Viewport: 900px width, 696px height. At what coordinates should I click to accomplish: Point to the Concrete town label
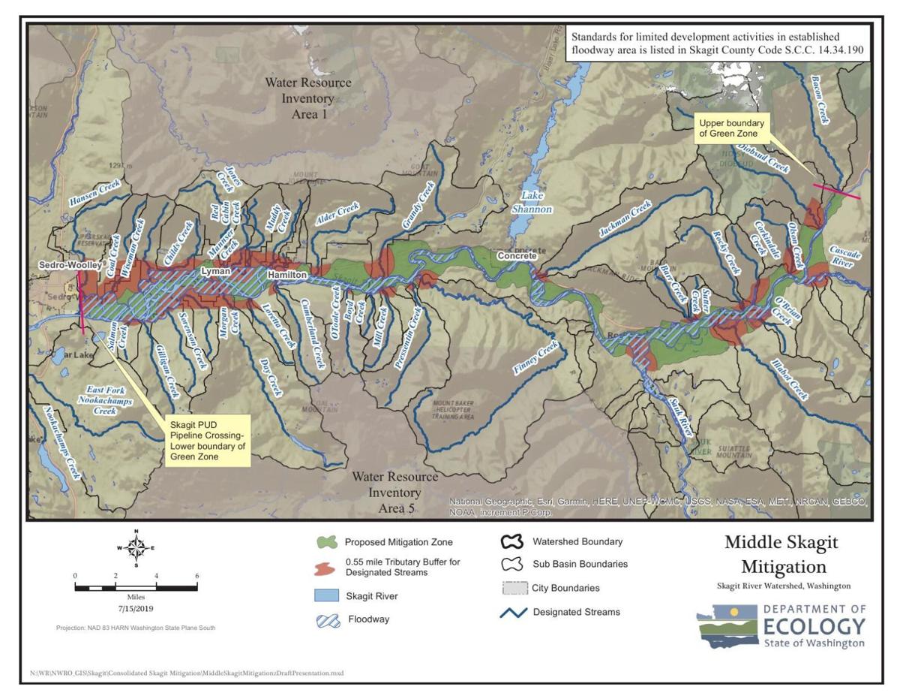[517, 257]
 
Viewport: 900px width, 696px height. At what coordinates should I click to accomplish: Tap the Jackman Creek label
[625, 221]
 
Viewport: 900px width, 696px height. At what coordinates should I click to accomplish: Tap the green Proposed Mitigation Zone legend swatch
[325, 542]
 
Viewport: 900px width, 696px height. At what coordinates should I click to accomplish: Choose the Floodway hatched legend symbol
[325, 620]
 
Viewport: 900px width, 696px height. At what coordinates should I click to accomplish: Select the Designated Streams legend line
[514, 612]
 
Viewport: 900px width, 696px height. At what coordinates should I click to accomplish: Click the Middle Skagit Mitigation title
[781, 554]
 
